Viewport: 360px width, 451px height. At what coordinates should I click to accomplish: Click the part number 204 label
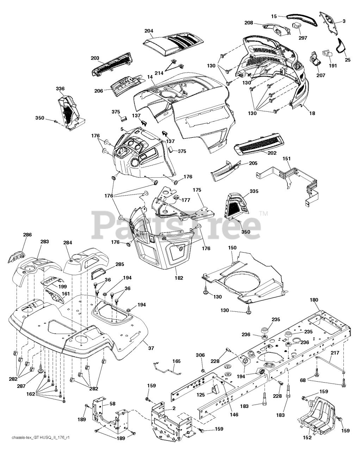click(x=149, y=31)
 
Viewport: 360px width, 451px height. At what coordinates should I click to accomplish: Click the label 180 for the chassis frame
click(x=314, y=300)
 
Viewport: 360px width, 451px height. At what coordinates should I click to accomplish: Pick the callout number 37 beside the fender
click(x=151, y=348)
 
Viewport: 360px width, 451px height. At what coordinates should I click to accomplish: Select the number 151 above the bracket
click(x=287, y=159)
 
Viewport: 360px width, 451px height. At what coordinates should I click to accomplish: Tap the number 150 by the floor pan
click(x=232, y=248)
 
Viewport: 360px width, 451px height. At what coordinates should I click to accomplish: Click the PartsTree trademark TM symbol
click(x=263, y=213)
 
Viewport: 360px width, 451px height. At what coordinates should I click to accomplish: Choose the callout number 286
click(x=27, y=235)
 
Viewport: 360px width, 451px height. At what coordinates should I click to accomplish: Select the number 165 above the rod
click(x=176, y=361)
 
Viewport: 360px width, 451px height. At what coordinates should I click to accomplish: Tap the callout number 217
click(x=335, y=353)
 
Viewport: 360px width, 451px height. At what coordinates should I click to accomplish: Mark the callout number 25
click(x=348, y=60)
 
